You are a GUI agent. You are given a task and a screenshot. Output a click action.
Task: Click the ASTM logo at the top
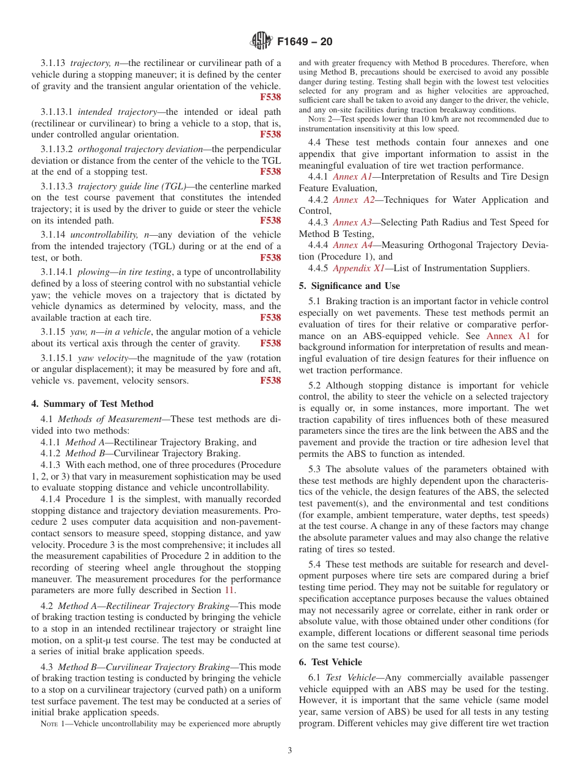tap(261, 42)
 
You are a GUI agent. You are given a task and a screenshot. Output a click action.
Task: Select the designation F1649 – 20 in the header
tap(305, 42)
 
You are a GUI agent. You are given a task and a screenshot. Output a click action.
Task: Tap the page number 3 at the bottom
tap(290, 750)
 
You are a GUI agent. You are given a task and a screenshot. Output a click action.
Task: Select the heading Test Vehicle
tap(336, 662)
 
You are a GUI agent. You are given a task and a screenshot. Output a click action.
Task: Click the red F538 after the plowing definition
tap(270, 318)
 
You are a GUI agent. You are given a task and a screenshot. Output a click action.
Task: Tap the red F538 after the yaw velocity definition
tap(270, 381)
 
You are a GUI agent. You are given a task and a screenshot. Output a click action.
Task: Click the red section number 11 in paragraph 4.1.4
tap(230, 590)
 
